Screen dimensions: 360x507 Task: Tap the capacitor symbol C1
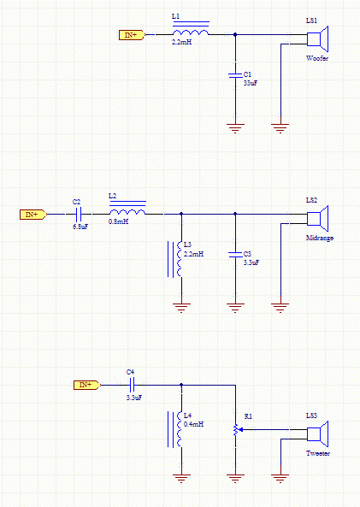coord(235,75)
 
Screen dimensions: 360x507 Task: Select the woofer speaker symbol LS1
coord(317,39)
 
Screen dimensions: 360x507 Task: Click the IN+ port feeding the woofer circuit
coord(132,35)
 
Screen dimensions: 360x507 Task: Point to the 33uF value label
coord(251,83)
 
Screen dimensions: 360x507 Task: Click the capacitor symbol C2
coord(79,214)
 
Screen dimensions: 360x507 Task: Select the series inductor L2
coord(127,209)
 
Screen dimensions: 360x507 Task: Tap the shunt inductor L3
coord(175,259)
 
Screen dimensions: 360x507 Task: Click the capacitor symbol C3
coord(235,255)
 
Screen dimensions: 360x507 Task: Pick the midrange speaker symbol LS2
coord(317,219)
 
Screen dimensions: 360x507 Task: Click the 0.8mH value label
coord(118,221)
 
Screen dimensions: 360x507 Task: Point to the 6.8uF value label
coord(80,227)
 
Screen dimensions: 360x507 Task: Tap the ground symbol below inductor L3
coord(181,308)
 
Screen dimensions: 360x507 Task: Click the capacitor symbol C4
coord(132,385)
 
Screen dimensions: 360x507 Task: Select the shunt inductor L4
coord(175,429)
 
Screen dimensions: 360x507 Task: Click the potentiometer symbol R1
coord(237,430)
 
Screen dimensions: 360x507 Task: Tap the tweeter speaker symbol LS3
coord(317,434)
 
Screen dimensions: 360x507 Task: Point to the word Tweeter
coord(318,453)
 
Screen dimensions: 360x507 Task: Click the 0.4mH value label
coord(194,424)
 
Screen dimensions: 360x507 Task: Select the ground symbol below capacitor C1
coord(235,128)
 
